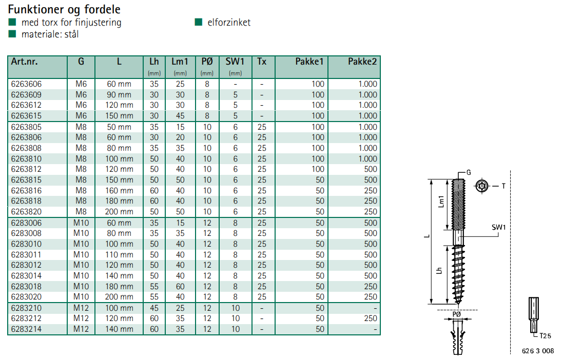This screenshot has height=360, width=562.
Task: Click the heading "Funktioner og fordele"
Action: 64,9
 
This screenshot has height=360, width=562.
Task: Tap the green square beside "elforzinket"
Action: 199,22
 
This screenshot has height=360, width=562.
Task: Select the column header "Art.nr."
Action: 24,62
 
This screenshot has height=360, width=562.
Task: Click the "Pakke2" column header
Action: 362,62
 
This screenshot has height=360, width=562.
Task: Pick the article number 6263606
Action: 26,84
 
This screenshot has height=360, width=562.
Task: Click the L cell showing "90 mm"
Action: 119,95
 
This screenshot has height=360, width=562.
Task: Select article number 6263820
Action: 26,212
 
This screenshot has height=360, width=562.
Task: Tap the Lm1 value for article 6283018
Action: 180,287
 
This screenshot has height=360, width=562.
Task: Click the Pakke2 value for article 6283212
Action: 370,318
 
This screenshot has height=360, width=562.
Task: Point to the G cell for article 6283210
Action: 81,308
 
